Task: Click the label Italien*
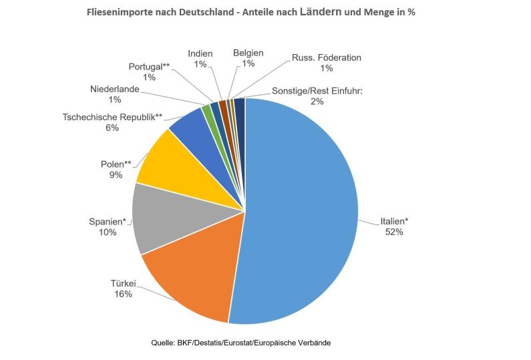coord(394,222)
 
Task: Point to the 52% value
coord(394,232)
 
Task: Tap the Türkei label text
coord(123,283)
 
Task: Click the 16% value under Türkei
coord(123,294)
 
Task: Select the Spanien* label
coord(108,222)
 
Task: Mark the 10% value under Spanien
coord(108,232)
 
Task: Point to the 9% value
coord(116,175)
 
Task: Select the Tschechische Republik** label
coord(112,116)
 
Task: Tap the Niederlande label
coord(114,89)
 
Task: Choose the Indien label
coord(200,53)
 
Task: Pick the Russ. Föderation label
coord(327,57)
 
